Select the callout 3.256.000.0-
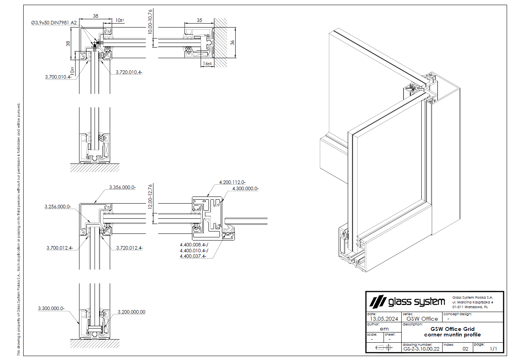pos(57,207)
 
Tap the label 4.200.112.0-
pos(232,182)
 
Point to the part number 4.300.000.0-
pos(245,189)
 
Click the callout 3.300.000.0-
pos(51,309)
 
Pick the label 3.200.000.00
pos(131,312)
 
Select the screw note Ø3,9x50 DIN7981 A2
pos(54,23)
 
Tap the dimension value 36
pos(232,42)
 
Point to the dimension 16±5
pos(207,63)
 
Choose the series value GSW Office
pos(422,319)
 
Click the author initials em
pos(384,329)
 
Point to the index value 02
pos(465,349)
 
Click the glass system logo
pos(407,302)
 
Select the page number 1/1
pos(493,349)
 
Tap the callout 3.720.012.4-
pos(129,248)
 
